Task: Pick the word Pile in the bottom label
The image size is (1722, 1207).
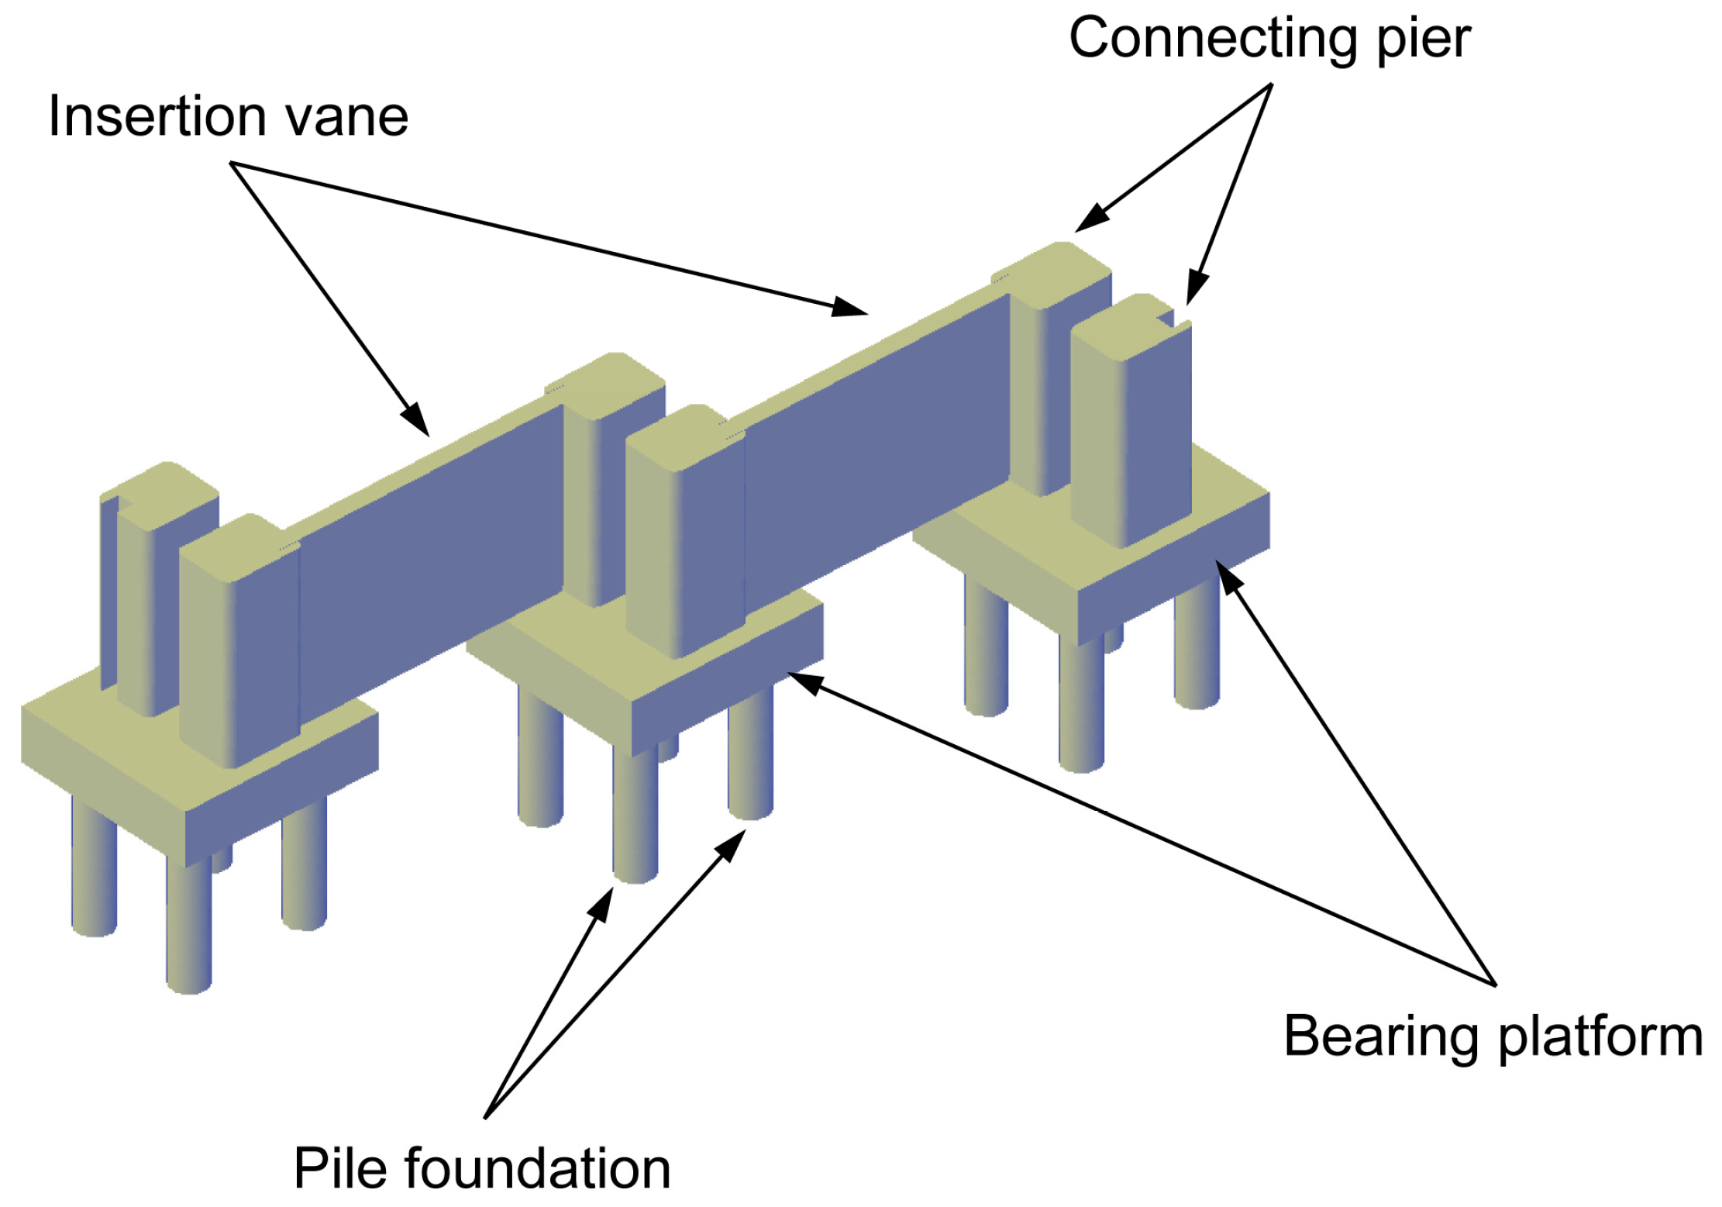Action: point(339,1169)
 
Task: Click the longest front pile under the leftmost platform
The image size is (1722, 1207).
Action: point(188,922)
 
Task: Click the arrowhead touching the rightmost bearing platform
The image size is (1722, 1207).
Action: point(1228,576)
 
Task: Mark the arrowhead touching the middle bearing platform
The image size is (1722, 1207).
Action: point(806,683)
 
